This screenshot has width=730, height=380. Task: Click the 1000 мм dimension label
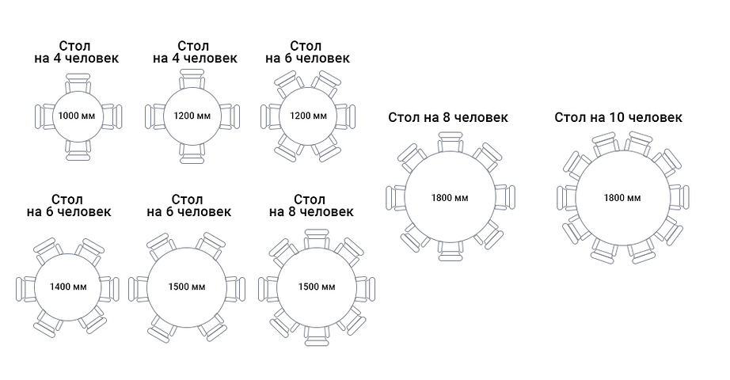tap(77, 116)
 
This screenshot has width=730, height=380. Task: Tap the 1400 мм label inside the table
tap(68, 287)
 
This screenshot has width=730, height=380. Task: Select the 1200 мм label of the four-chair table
tap(192, 116)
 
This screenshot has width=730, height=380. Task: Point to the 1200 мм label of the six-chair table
tap(308, 116)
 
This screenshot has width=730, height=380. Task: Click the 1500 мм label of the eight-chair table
tap(317, 287)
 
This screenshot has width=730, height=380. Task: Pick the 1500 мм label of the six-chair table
tap(187, 287)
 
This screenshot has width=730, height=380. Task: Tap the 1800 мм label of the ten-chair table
tap(622, 198)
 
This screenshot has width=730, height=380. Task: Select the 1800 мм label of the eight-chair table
tap(450, 198)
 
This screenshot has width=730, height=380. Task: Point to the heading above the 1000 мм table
tap(76, 52)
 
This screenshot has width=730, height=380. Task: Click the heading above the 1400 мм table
tap(69, 206)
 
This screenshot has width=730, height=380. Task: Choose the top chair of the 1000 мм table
tap(78, 83)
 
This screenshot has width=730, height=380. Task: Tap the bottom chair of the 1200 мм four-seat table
tap(192, 154)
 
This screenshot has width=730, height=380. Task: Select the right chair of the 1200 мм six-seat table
tap(345, 116)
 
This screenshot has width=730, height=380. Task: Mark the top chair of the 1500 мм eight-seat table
tap(317, 239)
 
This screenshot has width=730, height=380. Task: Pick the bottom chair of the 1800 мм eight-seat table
tap(451, 250)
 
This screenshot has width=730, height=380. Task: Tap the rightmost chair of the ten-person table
tap(679, 197)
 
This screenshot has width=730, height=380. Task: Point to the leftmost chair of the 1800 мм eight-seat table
tap(397, 198)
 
